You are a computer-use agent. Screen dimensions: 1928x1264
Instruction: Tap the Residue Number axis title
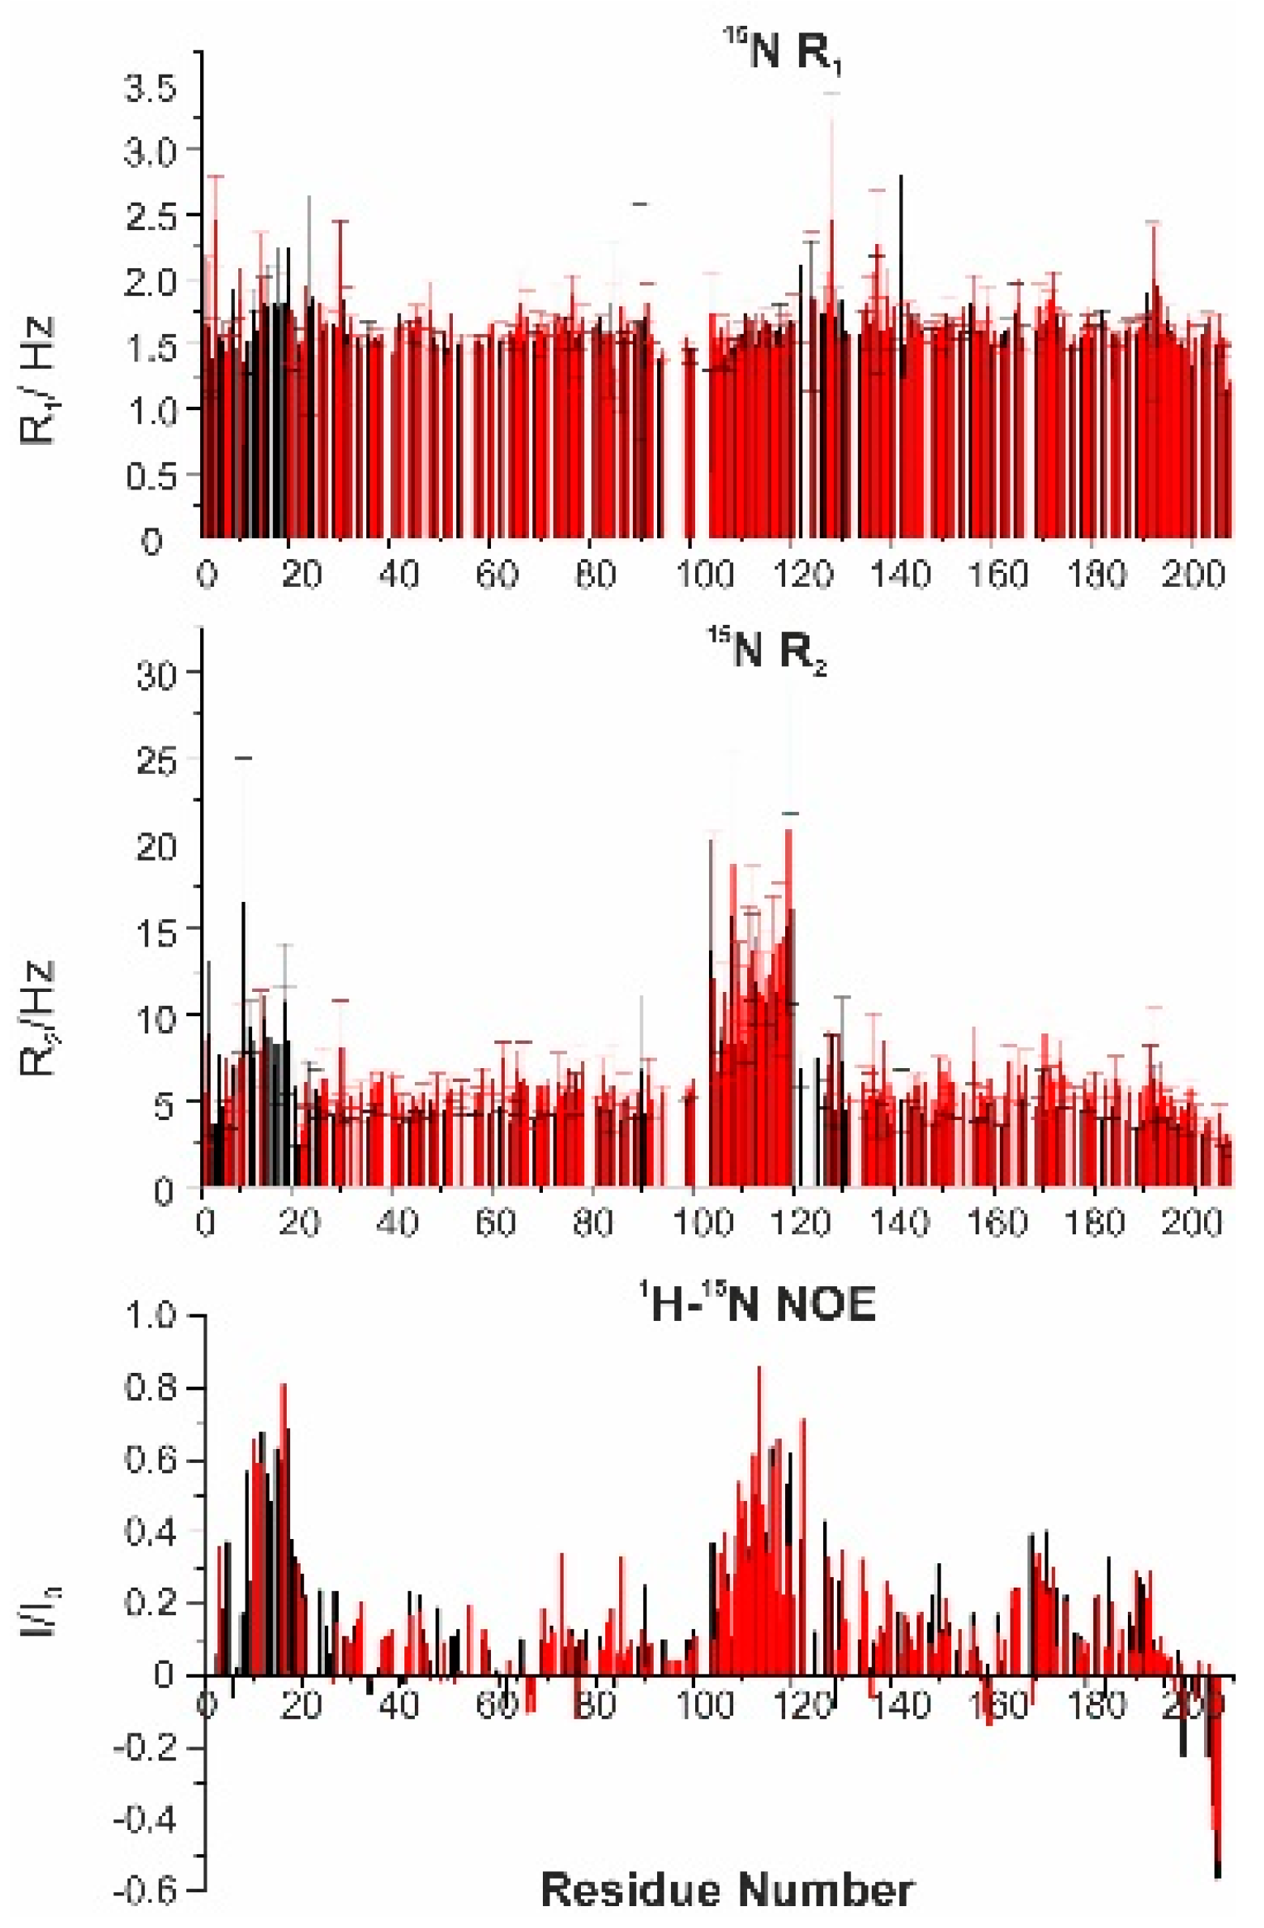(x=727, y=1890)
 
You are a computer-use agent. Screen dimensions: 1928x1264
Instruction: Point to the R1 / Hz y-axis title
(x=37, y=381)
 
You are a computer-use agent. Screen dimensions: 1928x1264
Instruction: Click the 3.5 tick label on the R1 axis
(x=151, y=88)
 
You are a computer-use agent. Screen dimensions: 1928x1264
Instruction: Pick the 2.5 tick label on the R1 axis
(x=151, y=217)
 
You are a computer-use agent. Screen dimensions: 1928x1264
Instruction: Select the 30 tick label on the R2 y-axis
(x=157, y=673)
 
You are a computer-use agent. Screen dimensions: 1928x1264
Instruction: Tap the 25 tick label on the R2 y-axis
(x=157, y=760)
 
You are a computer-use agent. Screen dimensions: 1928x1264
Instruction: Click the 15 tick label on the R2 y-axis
(x=157, y=933)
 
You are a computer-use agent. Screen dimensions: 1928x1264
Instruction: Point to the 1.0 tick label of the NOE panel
(x=151, y=1314)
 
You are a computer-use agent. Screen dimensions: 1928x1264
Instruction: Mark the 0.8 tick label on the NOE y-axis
(x=151, y=1387)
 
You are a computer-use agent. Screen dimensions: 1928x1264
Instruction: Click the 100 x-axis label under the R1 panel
(x=704, y=575)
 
